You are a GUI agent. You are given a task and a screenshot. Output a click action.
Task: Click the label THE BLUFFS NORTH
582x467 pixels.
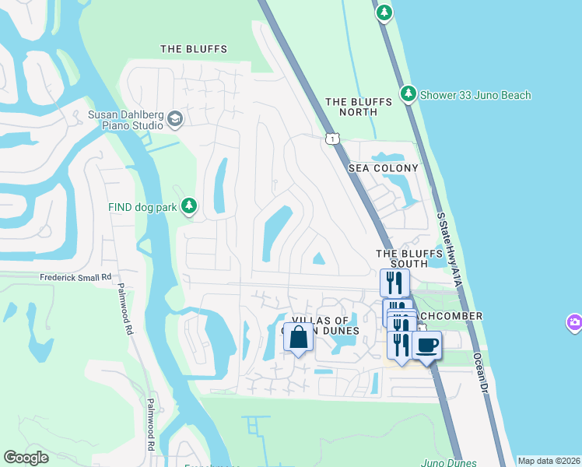[351, 107]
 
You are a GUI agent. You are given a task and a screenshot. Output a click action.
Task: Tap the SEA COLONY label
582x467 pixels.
[383, 168]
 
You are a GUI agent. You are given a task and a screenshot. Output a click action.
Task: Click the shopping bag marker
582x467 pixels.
[298, 338]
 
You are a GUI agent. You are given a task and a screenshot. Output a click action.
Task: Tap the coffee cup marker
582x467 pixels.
[426, 345]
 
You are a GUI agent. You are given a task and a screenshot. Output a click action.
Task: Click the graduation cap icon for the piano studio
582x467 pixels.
[175, 119]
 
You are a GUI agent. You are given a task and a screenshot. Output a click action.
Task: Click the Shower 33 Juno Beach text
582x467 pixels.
[475, 95]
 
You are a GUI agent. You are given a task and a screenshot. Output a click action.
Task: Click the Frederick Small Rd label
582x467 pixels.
[76, 277]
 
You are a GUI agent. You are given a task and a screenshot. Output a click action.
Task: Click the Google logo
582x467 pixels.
[26, 458]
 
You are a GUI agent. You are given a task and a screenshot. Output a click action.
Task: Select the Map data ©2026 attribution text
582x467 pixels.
[549, 461]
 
